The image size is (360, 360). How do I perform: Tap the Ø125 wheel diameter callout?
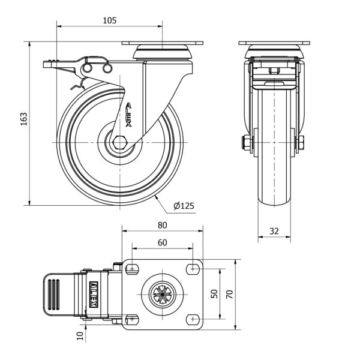(184, 206)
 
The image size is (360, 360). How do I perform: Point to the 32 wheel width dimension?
(274, 230)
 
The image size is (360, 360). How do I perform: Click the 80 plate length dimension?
(162, 225)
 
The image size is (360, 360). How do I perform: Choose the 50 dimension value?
(214, 294)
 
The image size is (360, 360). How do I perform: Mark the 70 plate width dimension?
(229, 294)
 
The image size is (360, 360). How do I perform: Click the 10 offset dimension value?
(80, 337)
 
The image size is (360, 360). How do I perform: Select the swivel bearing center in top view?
(161, 294)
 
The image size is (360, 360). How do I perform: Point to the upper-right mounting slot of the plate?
(193, 268)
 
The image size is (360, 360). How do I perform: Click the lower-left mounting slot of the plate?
(131, 319)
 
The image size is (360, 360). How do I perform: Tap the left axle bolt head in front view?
(247, 142)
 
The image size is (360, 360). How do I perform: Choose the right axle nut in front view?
(300, 142)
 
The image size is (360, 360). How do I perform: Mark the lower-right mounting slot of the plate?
(193, 319)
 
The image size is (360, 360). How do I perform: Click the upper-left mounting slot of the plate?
(131, 268)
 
